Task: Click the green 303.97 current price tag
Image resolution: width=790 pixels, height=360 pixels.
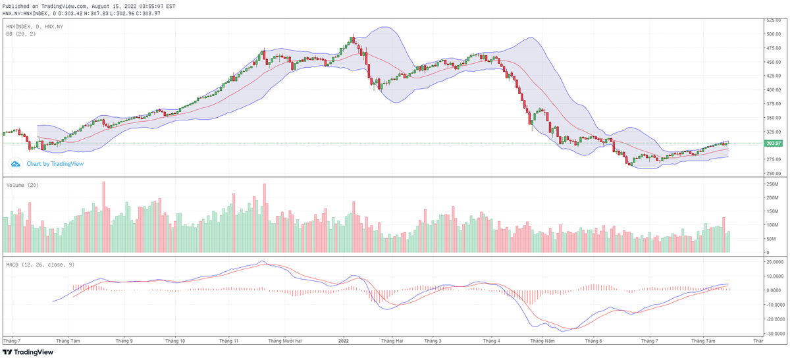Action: [773, 143]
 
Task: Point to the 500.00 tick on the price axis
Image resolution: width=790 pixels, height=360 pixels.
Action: [772, 34]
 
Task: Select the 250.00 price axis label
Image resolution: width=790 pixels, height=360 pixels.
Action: [772, 174]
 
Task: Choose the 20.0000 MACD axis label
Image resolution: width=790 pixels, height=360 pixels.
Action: [774, 261]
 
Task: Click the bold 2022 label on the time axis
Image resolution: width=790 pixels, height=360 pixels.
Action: [343, 341]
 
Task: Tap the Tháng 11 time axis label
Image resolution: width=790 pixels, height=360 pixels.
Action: [228, 341]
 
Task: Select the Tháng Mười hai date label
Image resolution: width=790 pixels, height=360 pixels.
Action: [285, 341]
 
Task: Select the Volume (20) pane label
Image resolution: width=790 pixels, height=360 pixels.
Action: [22, 186]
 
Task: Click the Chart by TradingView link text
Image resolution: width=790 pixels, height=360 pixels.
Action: [55, 164]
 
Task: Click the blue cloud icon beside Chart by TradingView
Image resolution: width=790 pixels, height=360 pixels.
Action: [16, 164]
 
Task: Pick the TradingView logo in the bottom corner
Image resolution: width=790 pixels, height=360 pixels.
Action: [28, 352]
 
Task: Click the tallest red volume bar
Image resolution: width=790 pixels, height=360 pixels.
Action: [103, 217]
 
